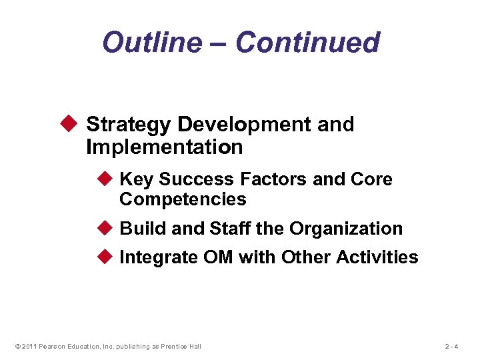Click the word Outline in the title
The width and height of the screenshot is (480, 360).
[x=151, y=43]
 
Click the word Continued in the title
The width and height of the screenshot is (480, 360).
[x=307, y=43]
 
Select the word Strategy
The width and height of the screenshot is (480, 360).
[x=127, y=125]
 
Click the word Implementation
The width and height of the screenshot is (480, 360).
[x=164, y=147]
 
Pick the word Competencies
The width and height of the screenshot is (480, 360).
[x=183, y=199]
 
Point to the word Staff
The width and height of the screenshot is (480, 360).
[x=230, y=229]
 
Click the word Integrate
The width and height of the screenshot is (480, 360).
[x=158, y=258]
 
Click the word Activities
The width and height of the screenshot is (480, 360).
[x=377, y=258]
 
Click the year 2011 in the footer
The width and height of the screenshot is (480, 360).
[x=27, y=346]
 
